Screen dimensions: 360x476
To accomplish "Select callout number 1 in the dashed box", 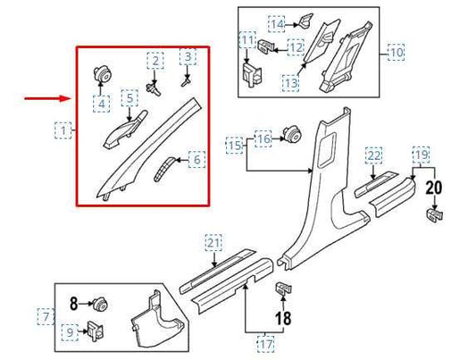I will (63, 131).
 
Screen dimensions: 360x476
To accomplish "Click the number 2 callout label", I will (156, 61).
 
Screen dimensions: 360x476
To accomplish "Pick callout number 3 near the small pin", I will (188, 58).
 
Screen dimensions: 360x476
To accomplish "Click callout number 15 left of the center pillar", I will (234, 144).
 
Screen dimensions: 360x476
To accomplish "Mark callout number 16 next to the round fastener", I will (263, 138).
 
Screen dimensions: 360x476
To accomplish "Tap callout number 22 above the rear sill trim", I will (374, 156).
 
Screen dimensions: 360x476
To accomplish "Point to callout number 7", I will (44, 315).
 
